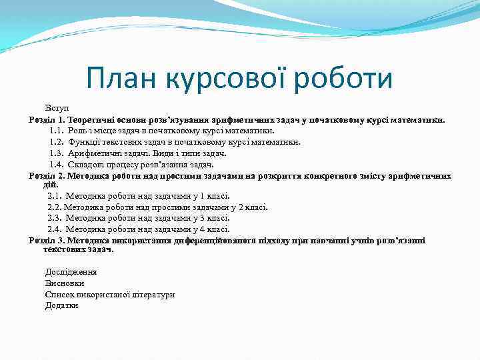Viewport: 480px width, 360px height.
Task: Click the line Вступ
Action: click(x=56, y=108)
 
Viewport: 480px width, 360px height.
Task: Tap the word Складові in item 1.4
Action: click(x=85, y=165)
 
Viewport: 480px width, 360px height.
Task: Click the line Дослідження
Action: click(x=71, y=272)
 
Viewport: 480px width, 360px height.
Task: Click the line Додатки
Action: click(x=61, y=305)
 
